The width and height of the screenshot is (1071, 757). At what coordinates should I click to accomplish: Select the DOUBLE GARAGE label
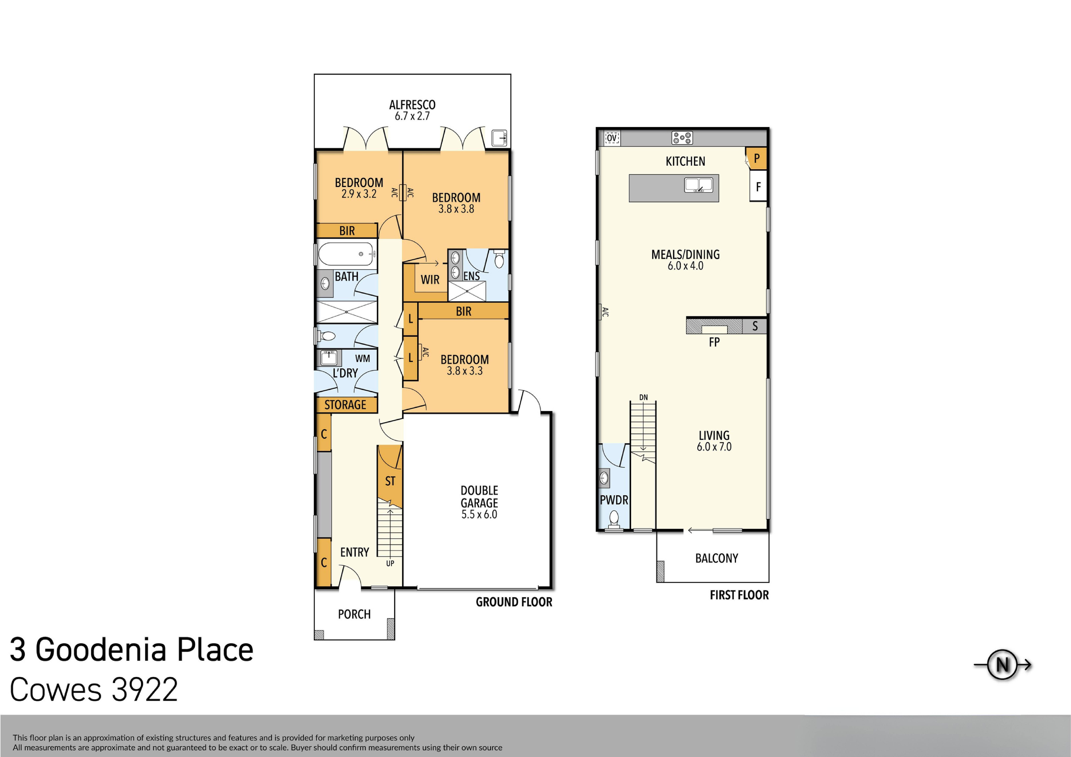[479, 497]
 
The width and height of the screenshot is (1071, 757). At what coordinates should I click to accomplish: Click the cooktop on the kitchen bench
[682, 138]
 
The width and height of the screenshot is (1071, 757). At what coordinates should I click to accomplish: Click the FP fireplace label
[714, 342]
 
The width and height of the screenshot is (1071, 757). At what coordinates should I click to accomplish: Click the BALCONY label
[717, 558]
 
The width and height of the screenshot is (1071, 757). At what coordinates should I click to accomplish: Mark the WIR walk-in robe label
[430, 280]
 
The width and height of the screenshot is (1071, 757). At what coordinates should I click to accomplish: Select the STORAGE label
[345, 405]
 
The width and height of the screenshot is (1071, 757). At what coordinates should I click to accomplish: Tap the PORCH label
[354, 614]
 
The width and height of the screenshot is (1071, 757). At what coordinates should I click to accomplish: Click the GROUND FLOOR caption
[514, 602]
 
